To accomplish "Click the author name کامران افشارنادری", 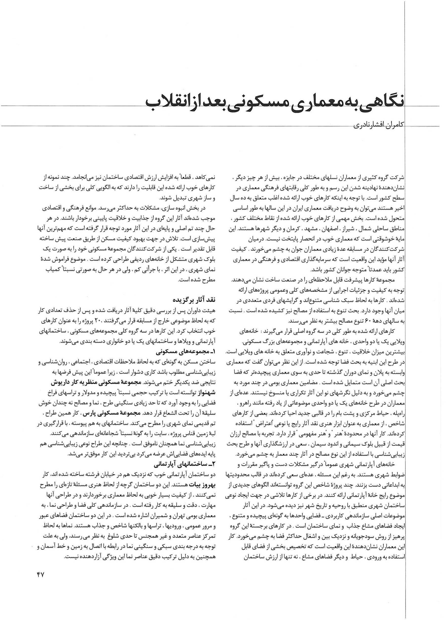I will (379, 126).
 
